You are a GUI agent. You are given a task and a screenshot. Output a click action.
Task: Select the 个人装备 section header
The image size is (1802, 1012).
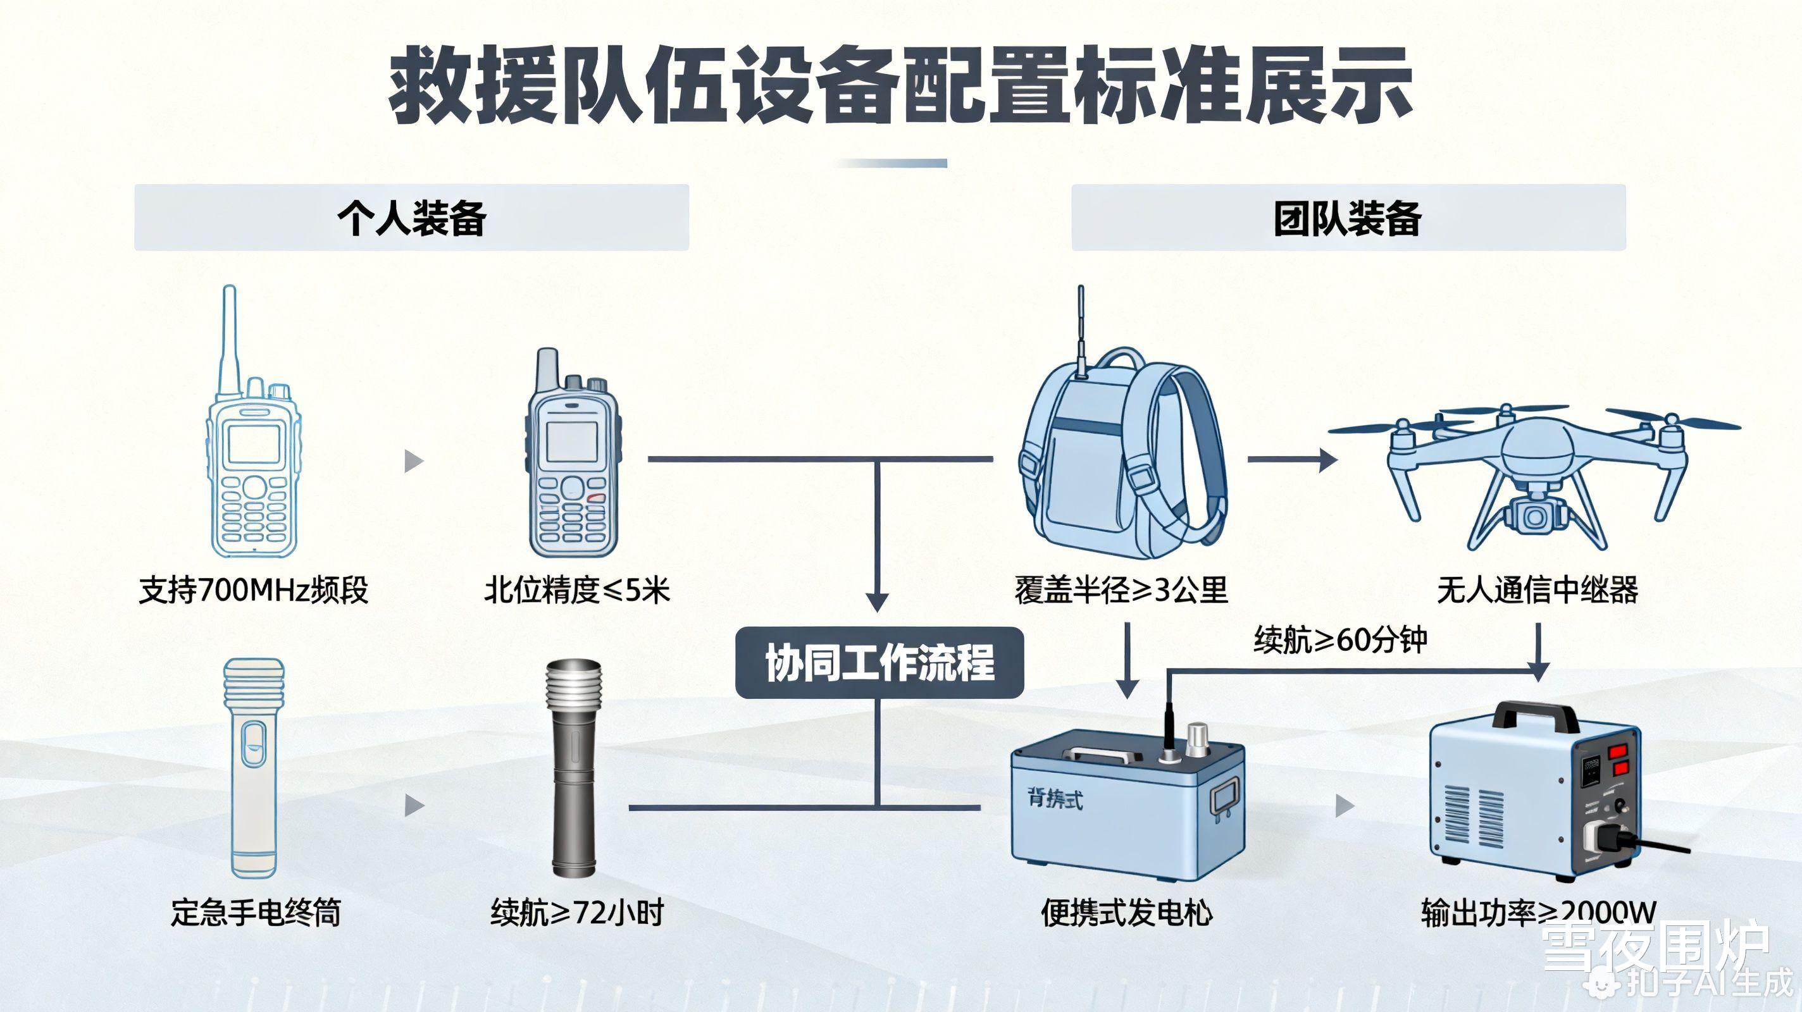click(411, 218)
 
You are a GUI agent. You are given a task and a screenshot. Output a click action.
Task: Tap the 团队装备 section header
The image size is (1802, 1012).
click(1347, 218)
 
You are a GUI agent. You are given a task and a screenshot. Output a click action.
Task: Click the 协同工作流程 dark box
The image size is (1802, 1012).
click(879, 662)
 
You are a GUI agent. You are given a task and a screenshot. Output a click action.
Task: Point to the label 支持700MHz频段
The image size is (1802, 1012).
click(253, 590)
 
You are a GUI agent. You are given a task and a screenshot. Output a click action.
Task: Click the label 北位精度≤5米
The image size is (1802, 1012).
click(577, 590)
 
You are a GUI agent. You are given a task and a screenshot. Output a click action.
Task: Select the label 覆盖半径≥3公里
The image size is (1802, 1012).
click(1121, 590)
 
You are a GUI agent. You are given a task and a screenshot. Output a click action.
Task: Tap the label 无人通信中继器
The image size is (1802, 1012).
click(1538, 590)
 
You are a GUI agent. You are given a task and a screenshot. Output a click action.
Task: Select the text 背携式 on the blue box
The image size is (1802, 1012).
click(1055, 798)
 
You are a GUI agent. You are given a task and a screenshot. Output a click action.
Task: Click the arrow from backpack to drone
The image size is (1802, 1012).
click(1291, 459)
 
